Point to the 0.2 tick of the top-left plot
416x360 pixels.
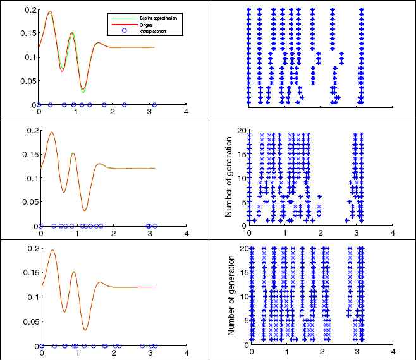[x=30, y=10]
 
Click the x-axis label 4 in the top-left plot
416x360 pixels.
[x=186, y=112]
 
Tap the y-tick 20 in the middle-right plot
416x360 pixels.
[x=241, y=131]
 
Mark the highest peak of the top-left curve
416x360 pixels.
[x=50, y=11]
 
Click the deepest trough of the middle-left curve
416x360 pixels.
[x=85, y=210]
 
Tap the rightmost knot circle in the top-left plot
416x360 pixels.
[x=154, y=104]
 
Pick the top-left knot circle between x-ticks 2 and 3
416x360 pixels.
[x=125, y=104]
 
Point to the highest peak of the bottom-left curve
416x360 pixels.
[x=52, y=250]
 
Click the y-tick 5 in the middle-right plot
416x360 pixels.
[x=243, y=202]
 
